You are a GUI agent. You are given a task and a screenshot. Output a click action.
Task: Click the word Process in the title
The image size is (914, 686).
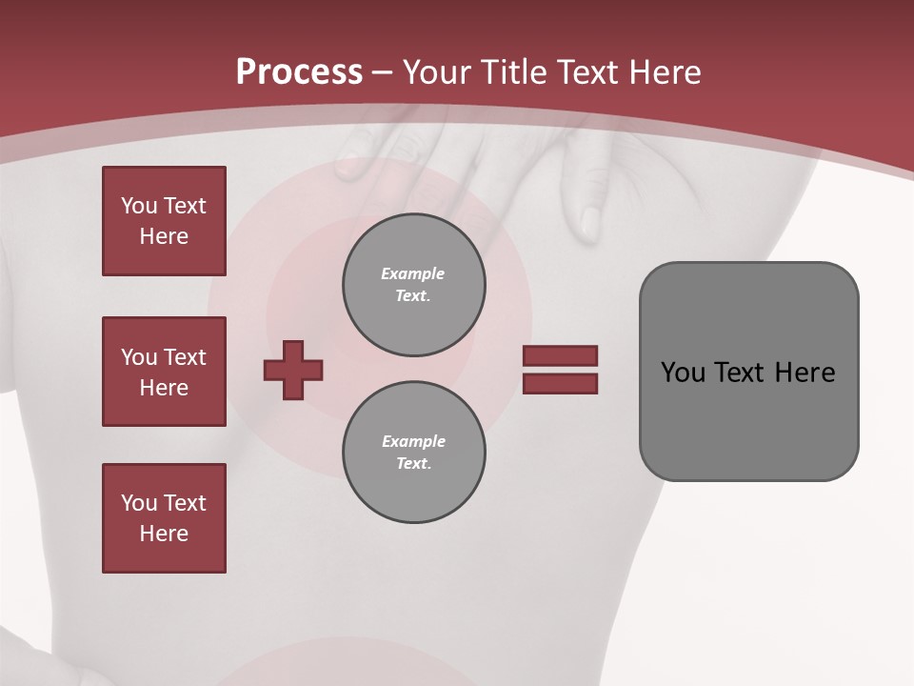click(x=299, y=71)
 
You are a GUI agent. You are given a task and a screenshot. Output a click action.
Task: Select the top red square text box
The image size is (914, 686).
click(x=164, y=221)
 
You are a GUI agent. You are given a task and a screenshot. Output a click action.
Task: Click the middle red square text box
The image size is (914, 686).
click(x=164, y=372)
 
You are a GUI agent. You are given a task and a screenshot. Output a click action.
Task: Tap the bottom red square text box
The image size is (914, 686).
click(x=164, y=518)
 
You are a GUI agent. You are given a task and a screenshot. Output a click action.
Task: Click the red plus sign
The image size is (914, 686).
click(x=293, y=370)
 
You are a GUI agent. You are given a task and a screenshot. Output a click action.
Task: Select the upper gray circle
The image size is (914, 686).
click(x=413, y=285)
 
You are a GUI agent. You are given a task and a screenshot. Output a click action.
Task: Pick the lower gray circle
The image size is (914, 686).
click(x=413, y=453)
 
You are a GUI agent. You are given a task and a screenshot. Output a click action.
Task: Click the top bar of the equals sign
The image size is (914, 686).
click(x=560, y=355)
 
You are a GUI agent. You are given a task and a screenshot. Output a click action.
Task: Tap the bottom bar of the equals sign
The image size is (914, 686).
click(x=560, y=384)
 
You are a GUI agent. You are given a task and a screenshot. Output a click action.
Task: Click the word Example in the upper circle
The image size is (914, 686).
click(x=413, y=273)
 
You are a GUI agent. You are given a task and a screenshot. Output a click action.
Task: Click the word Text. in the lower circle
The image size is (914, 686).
click(x=413, y=464)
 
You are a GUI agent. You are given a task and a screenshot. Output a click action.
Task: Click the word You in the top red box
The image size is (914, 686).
click(x=139, y=206)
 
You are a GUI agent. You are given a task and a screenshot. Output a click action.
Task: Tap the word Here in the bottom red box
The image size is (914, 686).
click(x=164, y=534)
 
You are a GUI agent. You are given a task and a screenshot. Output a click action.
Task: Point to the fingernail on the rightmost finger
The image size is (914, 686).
click(x=590, y=223)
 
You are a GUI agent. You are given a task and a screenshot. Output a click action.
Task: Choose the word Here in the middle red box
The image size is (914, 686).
click(x=164, y=388)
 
